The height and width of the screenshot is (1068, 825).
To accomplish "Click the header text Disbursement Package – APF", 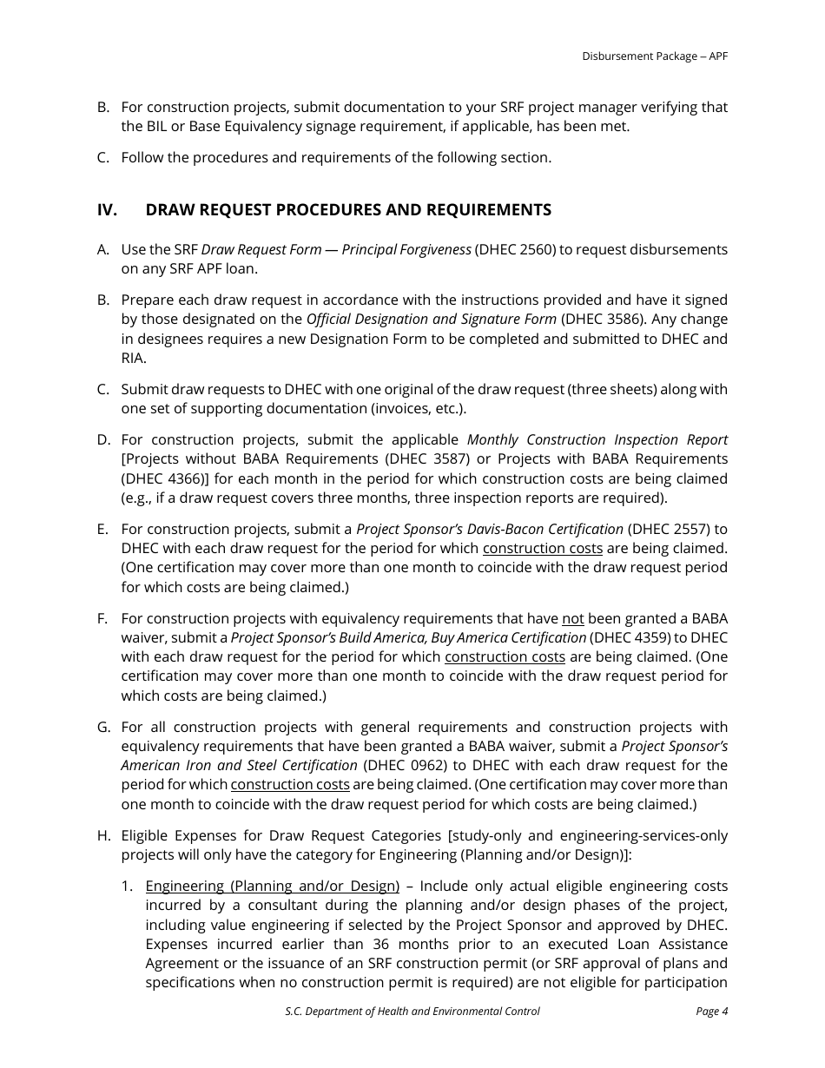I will (655, 56).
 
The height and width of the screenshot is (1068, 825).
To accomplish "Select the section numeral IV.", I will (107, 210).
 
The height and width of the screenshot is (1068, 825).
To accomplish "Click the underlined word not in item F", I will (573, 618).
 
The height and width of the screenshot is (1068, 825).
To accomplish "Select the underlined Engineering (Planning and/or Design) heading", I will (272, 886).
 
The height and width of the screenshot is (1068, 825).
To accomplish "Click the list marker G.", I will (103, 727).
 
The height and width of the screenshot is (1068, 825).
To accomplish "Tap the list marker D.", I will (103, 439).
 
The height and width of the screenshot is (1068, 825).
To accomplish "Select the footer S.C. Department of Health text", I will (412, 1011).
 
